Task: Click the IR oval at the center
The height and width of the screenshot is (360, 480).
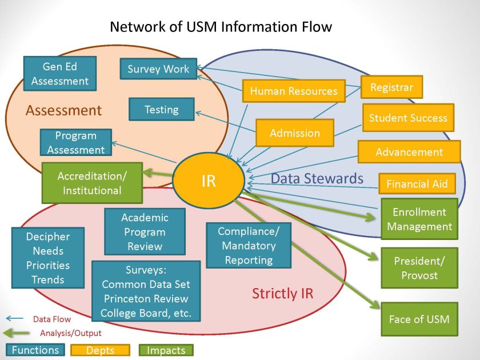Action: [x=208, y=181]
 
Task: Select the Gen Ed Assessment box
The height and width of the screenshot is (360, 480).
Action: [x=60, y=74]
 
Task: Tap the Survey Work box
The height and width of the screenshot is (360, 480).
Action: [x=158, y=69]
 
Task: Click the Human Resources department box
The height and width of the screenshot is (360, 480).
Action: [x=294, y=91]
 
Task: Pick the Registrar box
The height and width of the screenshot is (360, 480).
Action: [x=391, y=87]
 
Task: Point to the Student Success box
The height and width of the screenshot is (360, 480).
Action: [x=408, y=118]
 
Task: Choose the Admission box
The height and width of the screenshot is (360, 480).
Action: [x=295, y=133]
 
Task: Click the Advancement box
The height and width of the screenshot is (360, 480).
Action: [x=409, y=152]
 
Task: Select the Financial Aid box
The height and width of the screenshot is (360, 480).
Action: [x=417, y=184]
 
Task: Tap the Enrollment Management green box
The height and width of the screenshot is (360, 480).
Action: [x=419, y=219]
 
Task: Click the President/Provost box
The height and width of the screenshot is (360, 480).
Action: [x=419, y=267]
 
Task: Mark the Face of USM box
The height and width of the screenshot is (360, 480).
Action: [x=419, y=319]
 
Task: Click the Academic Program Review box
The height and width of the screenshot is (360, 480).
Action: [x=145, y=232]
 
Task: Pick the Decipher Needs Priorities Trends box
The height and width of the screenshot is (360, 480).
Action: [x=48, y=258]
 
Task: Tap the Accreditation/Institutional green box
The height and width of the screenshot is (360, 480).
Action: [x=91, y=183]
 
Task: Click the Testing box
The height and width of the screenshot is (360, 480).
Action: [x=162, y=109]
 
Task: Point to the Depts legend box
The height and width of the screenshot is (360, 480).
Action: [x=101, y=350]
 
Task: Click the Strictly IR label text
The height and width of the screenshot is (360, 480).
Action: [x=283, y=294]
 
